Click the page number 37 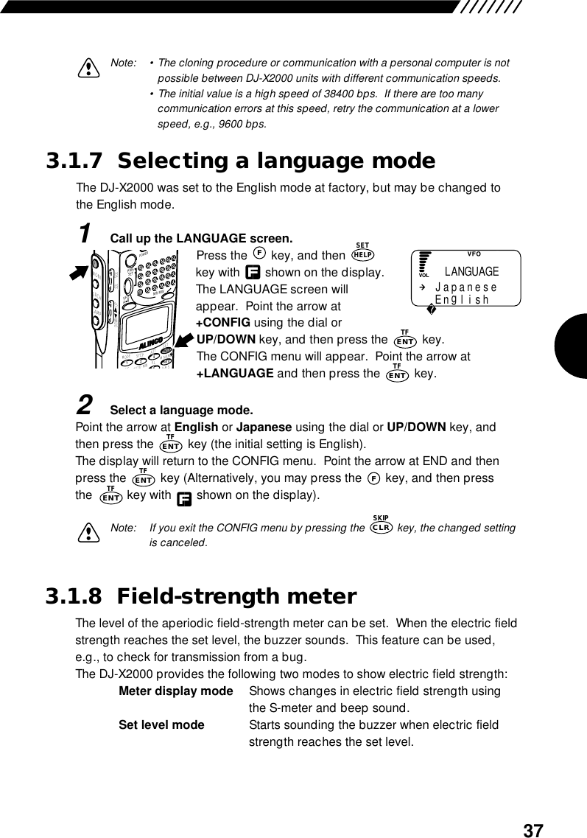coord(533,831)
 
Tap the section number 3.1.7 coord(77,161)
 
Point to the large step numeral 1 coord(85,234)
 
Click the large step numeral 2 coord(85,405)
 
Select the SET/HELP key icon coord(362,253)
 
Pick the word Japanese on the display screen coord(466,288)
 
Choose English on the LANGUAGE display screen coord(463,300)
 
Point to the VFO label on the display coord(474,255)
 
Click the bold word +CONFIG coord(222,323)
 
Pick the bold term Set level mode coord(161,725)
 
